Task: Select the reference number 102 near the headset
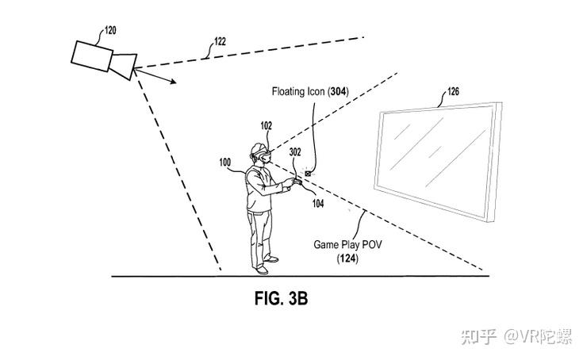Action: pyautogui.click(x=267, y=125)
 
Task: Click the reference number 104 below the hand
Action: pyautogui.click(x=317, y=204)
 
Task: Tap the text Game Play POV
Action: pyautogui.click(x=347, y=246)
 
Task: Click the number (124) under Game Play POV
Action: pyautogui.click(x=347, y=259)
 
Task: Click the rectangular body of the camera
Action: pyautogui.click(x=93, y=55)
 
